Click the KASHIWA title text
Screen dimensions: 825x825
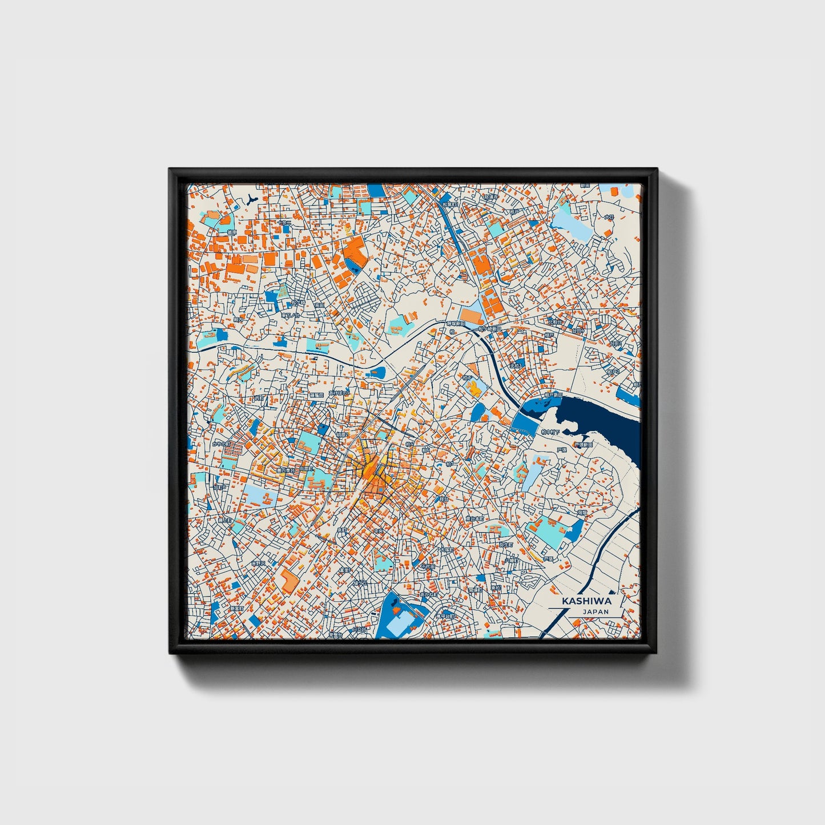[586, 601]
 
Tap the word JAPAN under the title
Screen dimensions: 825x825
[595, 611]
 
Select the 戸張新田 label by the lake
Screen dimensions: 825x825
[583, 444]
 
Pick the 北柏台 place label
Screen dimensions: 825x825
[555, 322]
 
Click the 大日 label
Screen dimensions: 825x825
[609, 217]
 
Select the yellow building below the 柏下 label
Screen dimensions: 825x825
[474, 389]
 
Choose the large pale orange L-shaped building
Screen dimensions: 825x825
[289, 581]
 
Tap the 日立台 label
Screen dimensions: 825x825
[360, 630]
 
